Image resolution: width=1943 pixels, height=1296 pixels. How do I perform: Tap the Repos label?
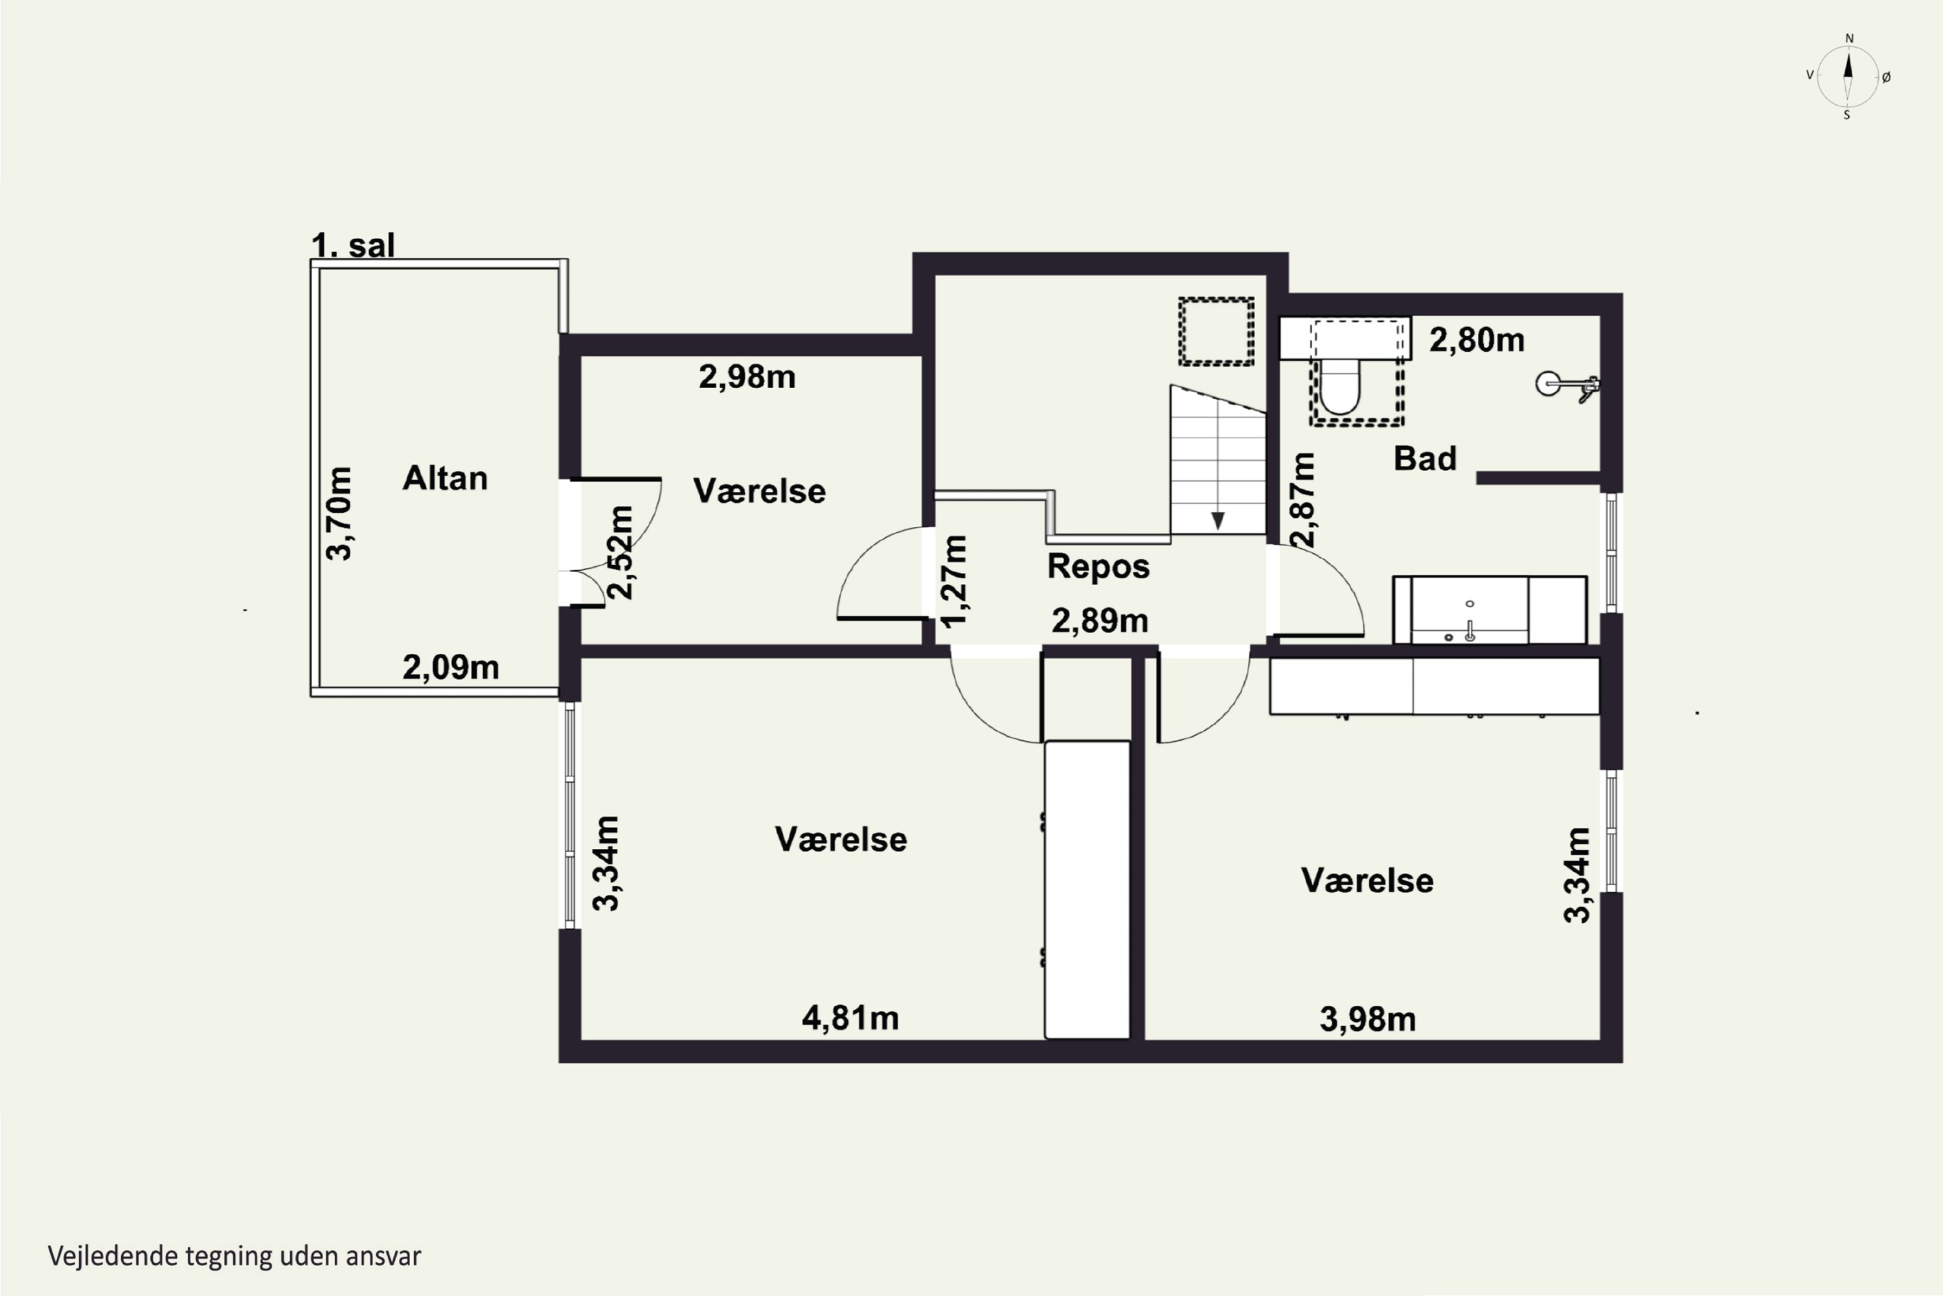coord(1098,567)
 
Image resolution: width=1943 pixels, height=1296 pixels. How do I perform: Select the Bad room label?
coord(1424,459)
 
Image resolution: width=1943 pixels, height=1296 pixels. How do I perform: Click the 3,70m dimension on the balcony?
coord(339,514)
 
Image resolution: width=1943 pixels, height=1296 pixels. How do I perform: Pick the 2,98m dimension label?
coord(747,377)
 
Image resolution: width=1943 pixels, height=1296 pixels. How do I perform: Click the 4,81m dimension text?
coord(850,1018)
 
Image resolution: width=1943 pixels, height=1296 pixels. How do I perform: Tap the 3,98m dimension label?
coord(1367,1020)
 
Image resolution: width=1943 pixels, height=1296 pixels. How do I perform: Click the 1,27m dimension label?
coord(954,582)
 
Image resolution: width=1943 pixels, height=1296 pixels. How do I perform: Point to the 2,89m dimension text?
coord(1100,621)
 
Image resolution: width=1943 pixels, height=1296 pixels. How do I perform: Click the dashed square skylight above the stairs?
coord(1216,331)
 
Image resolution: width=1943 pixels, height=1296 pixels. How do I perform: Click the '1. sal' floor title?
coord(353,246)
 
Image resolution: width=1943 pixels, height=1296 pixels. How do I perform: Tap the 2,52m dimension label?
coord(620,553)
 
